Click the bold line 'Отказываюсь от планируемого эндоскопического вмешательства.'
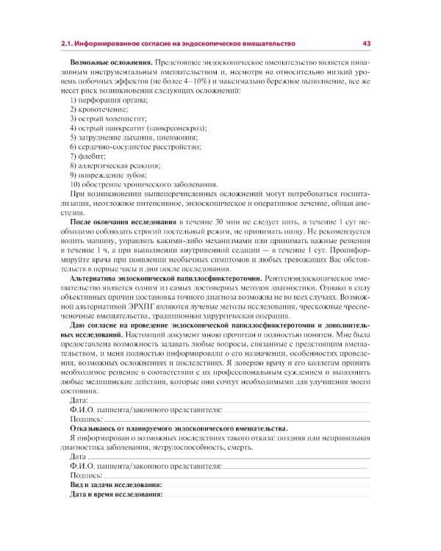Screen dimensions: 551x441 [x=179, y=428]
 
